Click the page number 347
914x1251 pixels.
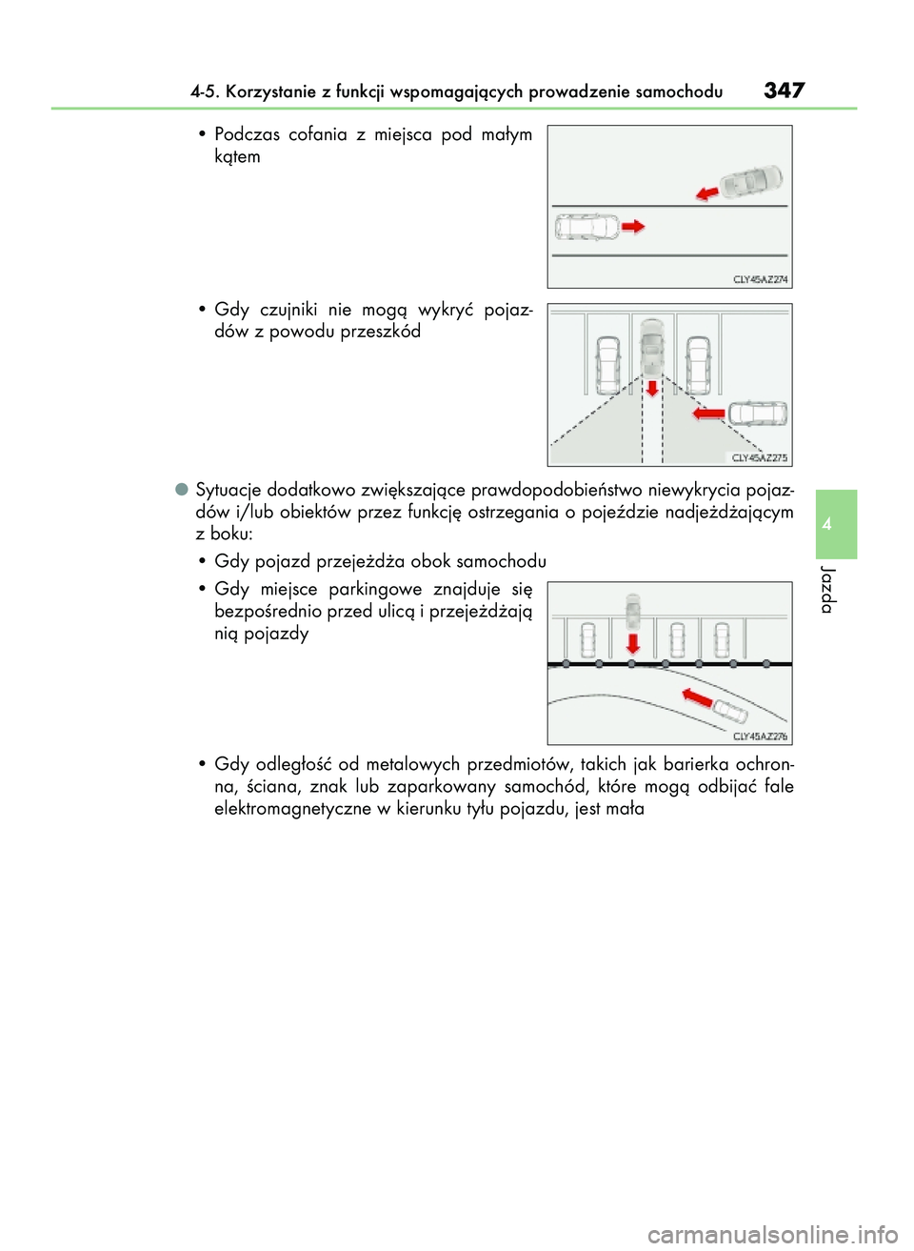click(x=784, y=91)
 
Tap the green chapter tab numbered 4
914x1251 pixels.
click(x=836, y=524)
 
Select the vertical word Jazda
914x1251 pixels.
click(x=828, y=590)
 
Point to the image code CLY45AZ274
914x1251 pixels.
click(x=760, y=279)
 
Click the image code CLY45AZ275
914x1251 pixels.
click(x=759, y=458)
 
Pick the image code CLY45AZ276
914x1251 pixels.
click(x=760, y=736)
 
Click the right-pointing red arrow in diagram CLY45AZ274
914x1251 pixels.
click(x=633, y=226)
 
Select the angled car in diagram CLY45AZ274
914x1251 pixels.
click(x=751, y=181)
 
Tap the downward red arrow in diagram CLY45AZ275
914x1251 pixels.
click(x=652, y=388)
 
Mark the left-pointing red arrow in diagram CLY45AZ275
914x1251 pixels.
click(x=709, y=414)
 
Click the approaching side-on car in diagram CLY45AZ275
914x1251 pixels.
click(x=758, y=414)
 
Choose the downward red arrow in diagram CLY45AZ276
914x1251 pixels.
click(x=632, y=644)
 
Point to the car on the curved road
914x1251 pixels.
click(x=730, y=711)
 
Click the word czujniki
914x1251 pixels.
click(x=288, y=310)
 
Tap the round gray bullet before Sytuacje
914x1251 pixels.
click(x=181, y=489)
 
